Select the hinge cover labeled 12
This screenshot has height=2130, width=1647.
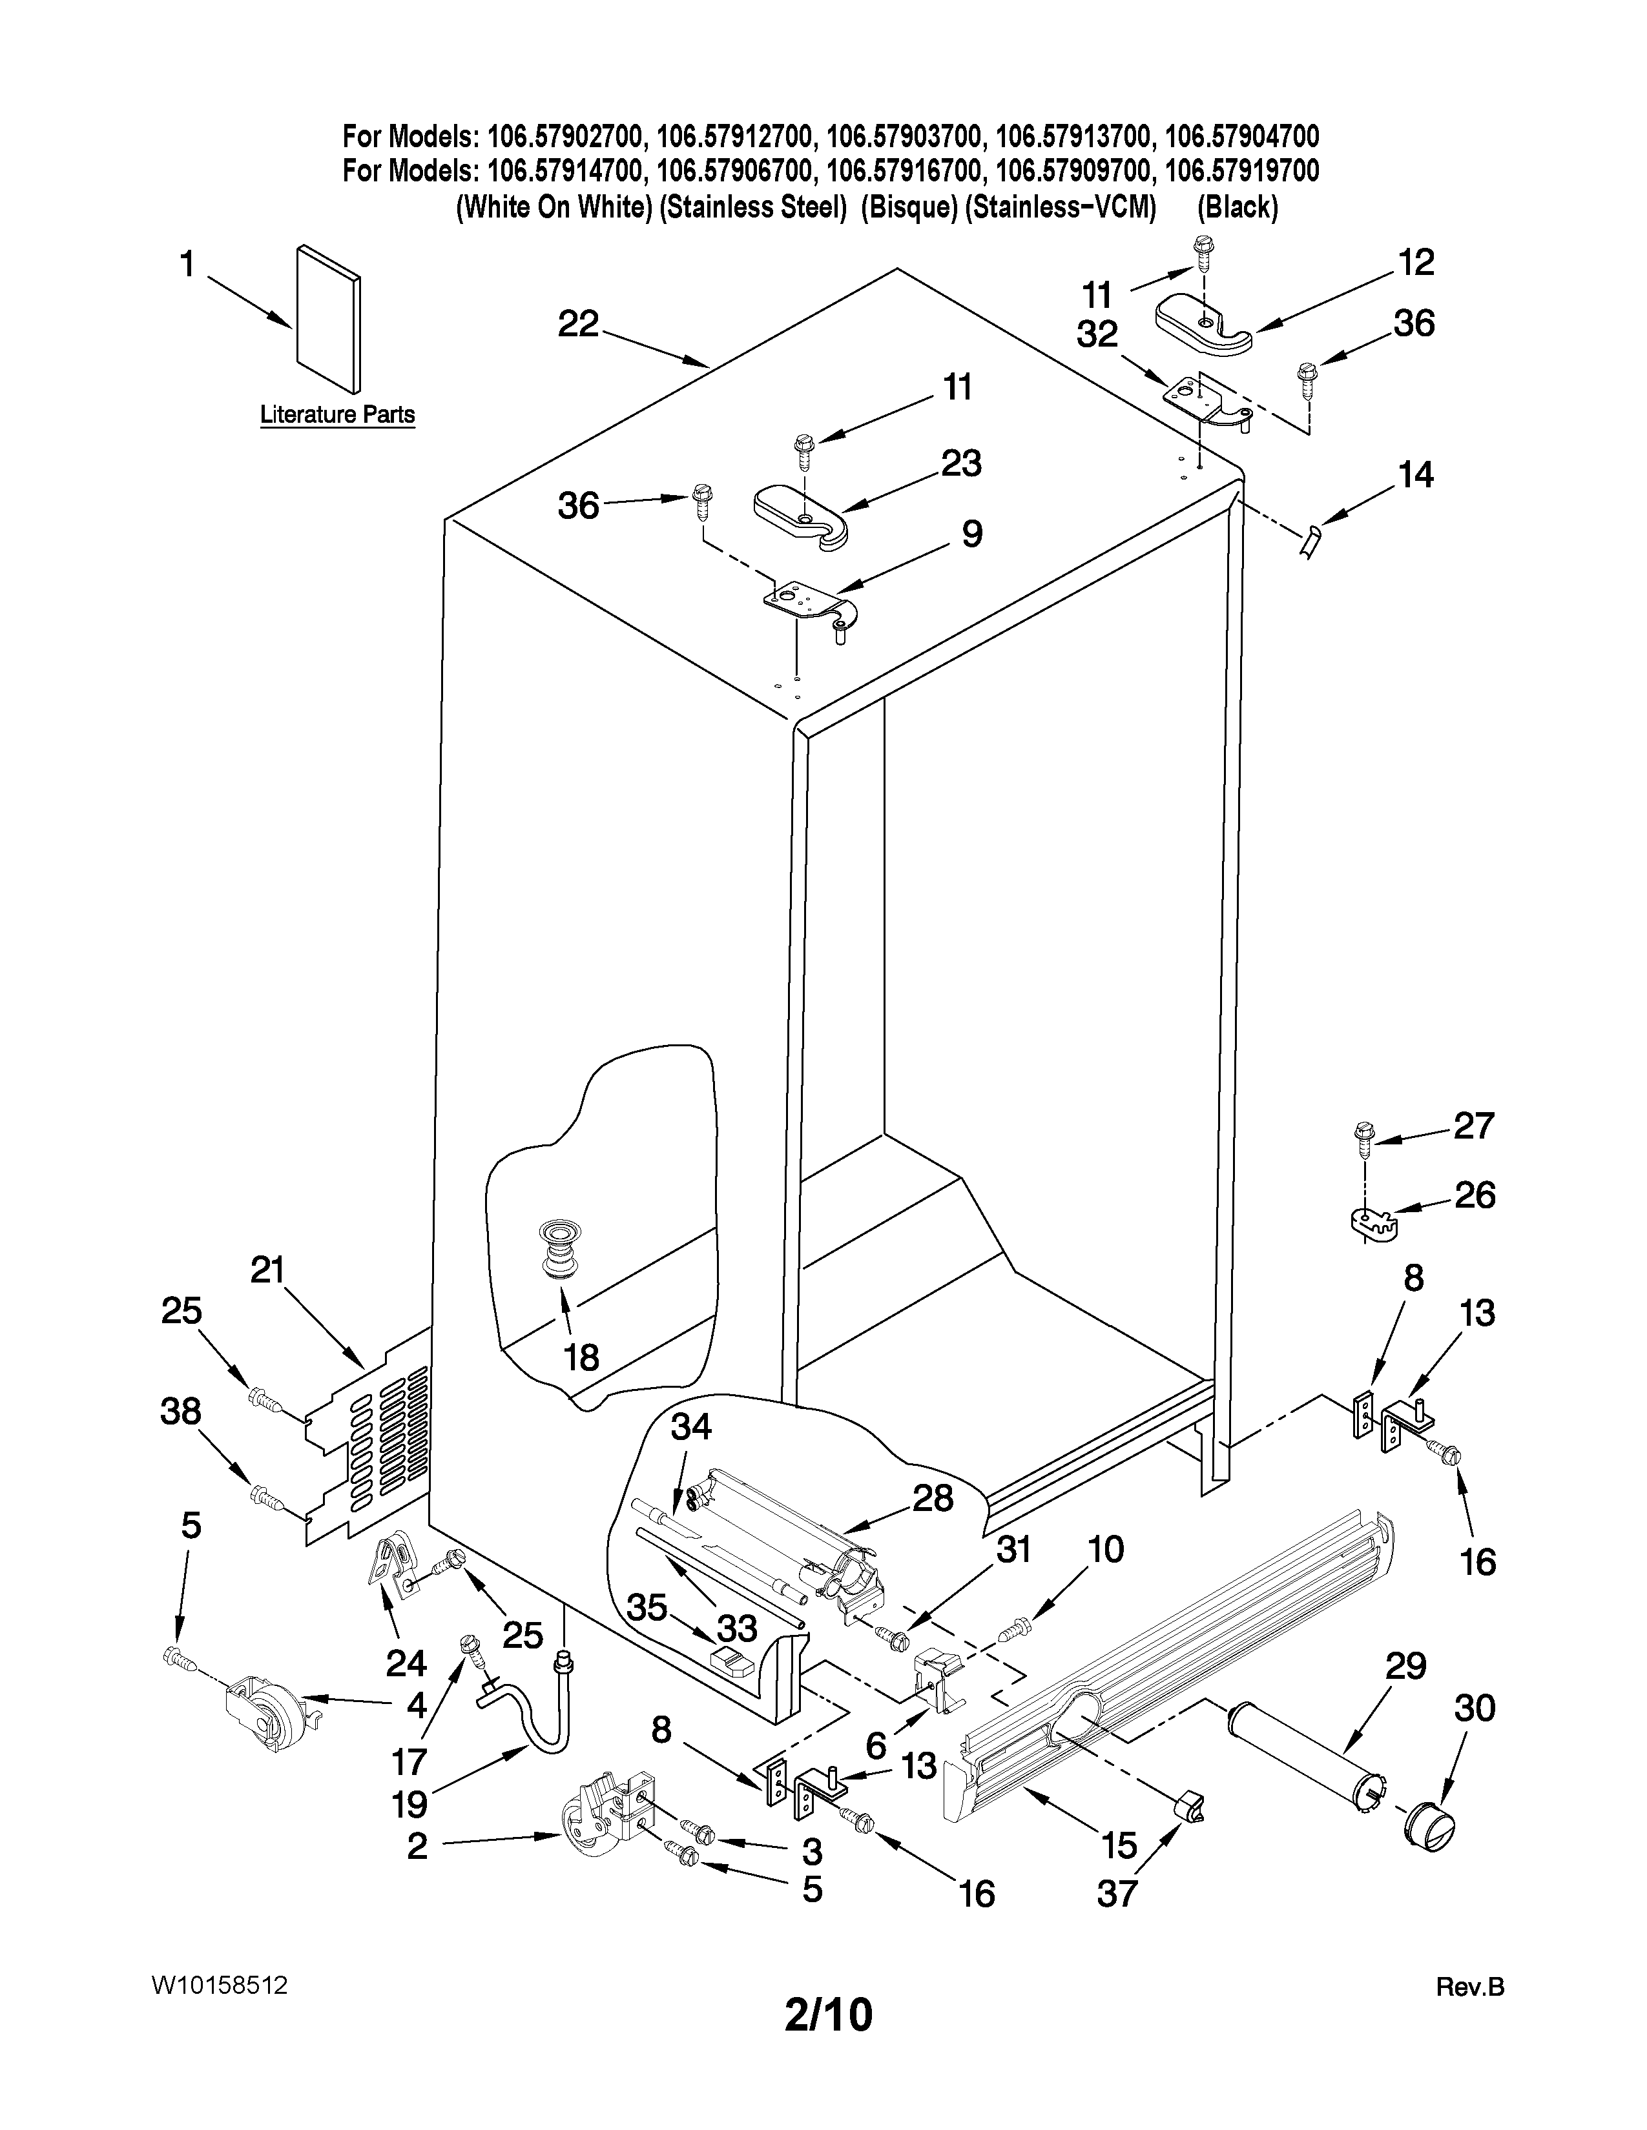tap(1203, 328)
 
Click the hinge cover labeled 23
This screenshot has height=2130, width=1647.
tap(802, 515)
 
